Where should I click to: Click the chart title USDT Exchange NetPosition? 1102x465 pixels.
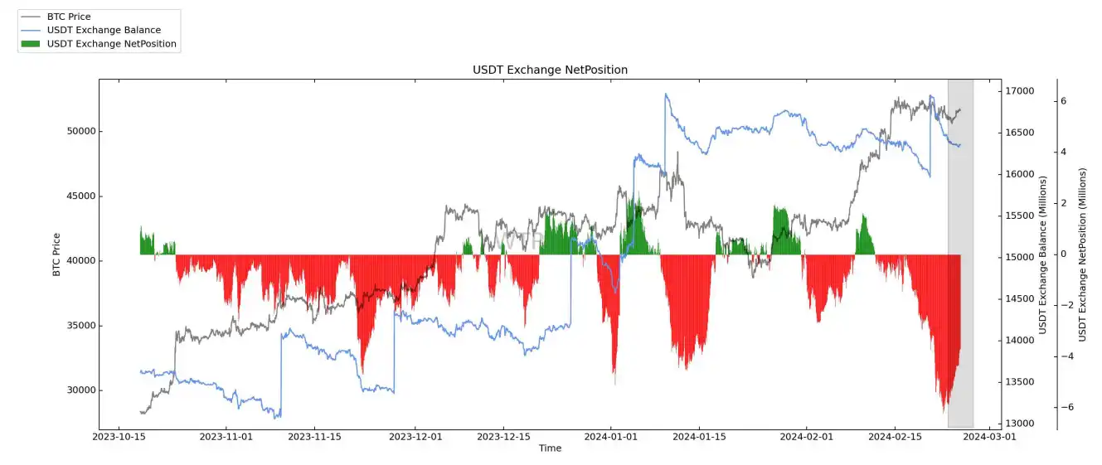tap(550, 70)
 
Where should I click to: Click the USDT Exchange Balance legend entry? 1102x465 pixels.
tap(104, 30)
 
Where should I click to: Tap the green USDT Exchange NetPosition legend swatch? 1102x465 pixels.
tap(30, 44)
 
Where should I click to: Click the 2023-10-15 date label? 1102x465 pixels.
tap(121, 436)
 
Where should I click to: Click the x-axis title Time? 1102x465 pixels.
tap(550, 448)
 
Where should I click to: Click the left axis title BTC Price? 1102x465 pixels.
tap(56, 254)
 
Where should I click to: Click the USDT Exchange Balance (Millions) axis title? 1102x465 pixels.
tap(1043, 254)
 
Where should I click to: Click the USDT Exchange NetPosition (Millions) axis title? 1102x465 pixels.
tap(1082, 254)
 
